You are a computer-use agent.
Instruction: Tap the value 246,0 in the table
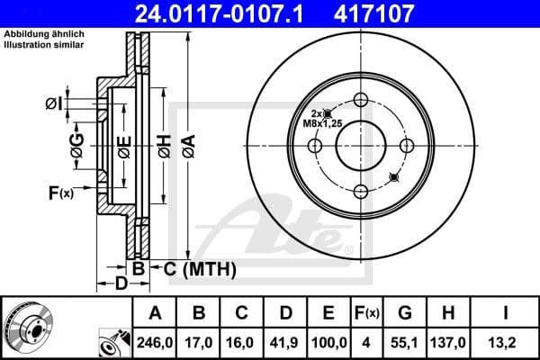point(154,343)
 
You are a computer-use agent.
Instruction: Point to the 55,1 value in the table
point(406,343)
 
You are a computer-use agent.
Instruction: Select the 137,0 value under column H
point(452,343)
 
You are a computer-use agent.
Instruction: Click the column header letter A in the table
point(154,313)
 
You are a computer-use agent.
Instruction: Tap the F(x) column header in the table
point(367,313)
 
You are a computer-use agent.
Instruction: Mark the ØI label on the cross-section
point(54,103)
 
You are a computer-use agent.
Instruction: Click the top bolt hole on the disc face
point(361,100)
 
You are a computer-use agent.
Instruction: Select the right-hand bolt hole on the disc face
point(406,146)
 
